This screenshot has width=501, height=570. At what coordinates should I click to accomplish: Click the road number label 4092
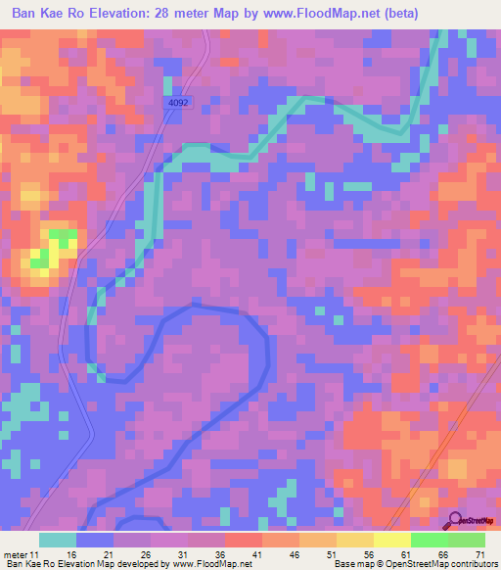pyautogui.click(x=176, y=102)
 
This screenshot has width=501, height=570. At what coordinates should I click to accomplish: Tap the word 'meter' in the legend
pyautogui.click(x=16, y=555)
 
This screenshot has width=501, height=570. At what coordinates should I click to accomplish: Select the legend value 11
pyautogui.click(x=38, y=555)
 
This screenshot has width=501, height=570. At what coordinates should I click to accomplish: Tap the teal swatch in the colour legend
pyautogui.click(x=58, y=540)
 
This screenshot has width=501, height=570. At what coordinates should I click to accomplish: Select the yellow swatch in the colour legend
pyautogui.click(x=390, y=540)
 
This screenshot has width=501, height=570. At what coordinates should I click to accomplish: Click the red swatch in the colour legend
pyautogui.click(x=243, y=540)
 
